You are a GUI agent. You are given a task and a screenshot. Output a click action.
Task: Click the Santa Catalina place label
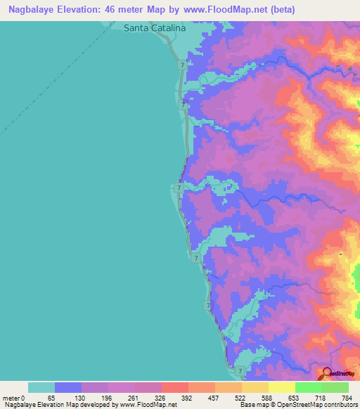pos(155,29)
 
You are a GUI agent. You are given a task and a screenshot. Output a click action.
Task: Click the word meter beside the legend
pos(11,398)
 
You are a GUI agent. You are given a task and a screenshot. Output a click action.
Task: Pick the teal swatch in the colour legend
pos(41,387)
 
